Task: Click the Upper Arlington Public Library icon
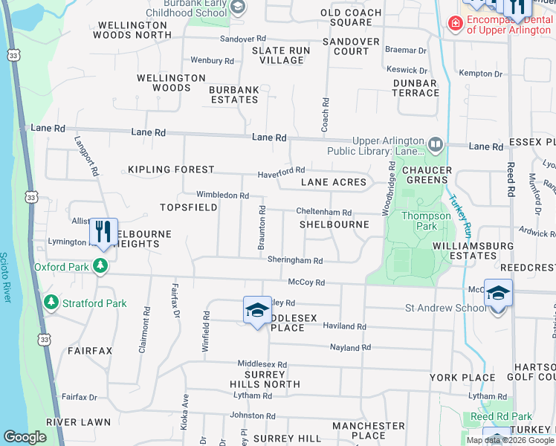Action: [436, 143]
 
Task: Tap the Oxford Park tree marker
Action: [100, 266]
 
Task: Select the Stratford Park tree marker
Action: [51, 303]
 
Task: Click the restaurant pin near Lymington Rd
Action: [103, 231]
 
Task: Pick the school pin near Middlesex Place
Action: [256, 309]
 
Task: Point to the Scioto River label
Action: [7, 275]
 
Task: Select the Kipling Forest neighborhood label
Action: [171, 169]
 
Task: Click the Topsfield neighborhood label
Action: [190, 206]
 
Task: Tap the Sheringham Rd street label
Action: [295, 261]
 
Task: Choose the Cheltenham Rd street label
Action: [323, 213]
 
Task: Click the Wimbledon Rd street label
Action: [222, 195]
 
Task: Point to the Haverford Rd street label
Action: [282, 172]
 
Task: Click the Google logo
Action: [25, 437]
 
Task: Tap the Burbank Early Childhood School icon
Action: [238, 8]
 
